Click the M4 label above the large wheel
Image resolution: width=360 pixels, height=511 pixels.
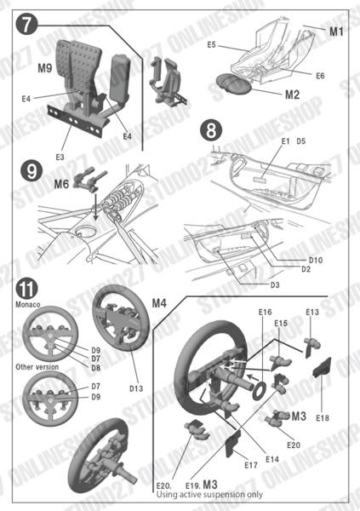click(162, 300)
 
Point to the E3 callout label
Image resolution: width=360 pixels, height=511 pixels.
click(60, 157)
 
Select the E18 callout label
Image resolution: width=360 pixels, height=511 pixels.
click(323, 417)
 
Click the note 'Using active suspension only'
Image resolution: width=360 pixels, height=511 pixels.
click(209, 494)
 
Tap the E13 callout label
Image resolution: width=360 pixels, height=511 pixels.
click(312, 313)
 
